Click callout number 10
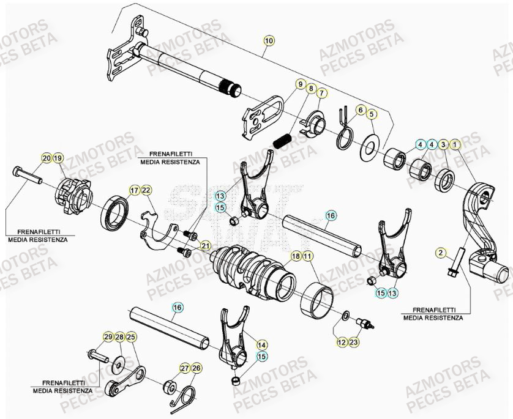[x=269, y=41]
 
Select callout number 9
[x=301, y=84]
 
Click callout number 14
[x=261, y=344]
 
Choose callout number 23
[x=354, y=343]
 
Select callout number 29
[x=108, y=337]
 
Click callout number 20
[x=47, y=158]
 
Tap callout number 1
[x=454, y=144]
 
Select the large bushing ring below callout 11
[x=317, y=299]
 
